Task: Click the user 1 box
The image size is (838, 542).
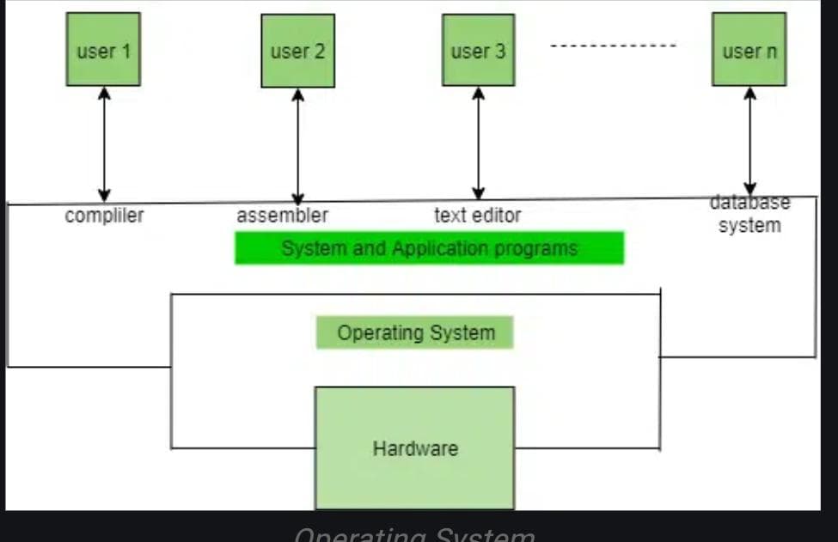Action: click(x=103, y=49)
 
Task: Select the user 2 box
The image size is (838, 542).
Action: click(x=297, y=50)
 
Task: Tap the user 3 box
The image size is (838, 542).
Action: click(x=478, y=50)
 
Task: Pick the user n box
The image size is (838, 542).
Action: click(x=749, y=49)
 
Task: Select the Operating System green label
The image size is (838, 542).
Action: click(x=415, y=332)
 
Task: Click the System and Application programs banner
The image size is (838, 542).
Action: click(x=429, y=248)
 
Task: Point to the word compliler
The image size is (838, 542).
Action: click(x=104, y=215)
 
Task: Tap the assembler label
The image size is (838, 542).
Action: click(x=282, y=215)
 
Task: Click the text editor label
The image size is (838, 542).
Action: click(x=477, y=215)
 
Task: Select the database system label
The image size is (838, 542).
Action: click(x=749, y=215)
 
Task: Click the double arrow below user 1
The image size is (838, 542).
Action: click(x=104, y=143)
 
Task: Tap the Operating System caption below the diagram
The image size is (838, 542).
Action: click(x=414, y=534)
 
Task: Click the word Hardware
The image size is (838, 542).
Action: click(x=415, y=448)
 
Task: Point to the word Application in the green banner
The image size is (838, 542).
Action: click(x=441, y=248)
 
